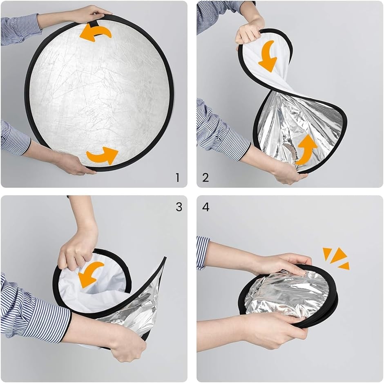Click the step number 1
click(x=178, y=177)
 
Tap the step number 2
click(x=205, y=177)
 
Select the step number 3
click(x=179, y=207)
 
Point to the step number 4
click(x=206, y=207)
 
